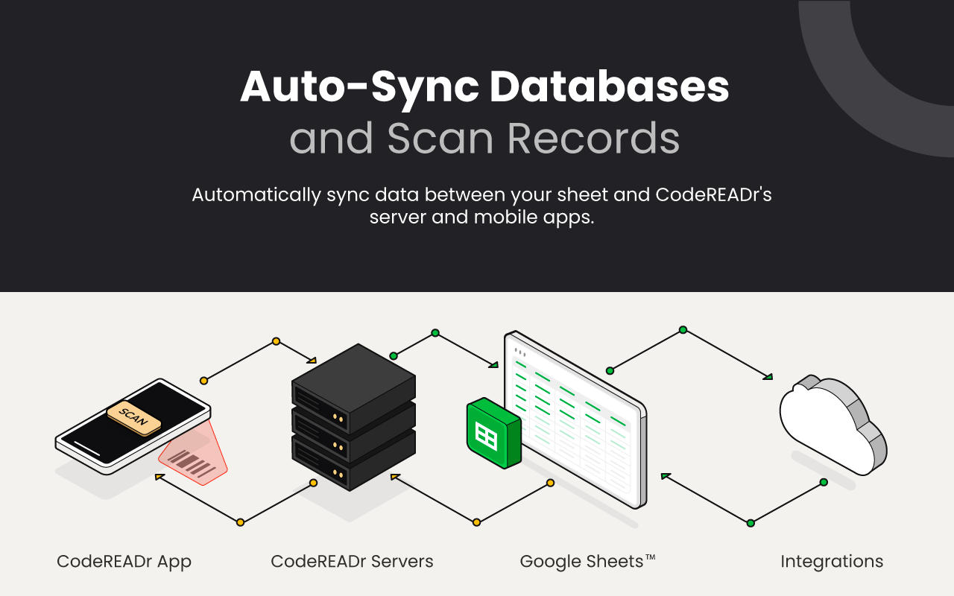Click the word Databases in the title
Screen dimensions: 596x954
tap(609, 88)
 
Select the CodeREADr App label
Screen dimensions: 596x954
tap(124, 562)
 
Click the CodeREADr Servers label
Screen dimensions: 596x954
tap(352, 562)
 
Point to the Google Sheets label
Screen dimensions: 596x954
tap(587, 562)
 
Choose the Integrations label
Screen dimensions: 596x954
tap(832, 562)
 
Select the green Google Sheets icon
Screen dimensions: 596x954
tap(492, 433)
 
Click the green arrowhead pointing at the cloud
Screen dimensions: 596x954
tap(768, 376)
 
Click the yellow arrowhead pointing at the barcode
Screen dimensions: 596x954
tap(159, 478)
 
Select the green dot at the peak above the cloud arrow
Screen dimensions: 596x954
tap(683, 329)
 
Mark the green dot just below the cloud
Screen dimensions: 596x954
tap(824, 482)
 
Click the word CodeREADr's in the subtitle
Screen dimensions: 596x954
tap(713, 195)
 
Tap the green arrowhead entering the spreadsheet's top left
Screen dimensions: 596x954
tap(493, 364)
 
